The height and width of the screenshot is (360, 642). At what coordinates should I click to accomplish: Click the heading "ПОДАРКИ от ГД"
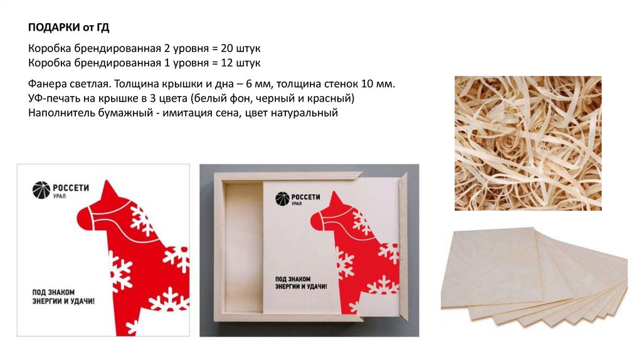[69, 28]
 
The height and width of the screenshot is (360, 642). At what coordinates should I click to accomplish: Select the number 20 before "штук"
[227, 48]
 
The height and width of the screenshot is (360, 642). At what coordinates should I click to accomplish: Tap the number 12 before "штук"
[227, 63]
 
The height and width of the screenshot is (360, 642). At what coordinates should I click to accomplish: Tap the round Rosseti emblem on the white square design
[41, 190]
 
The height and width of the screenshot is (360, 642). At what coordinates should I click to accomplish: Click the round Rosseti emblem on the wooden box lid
[282, 198]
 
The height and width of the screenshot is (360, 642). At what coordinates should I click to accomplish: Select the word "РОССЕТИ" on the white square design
[71, 188]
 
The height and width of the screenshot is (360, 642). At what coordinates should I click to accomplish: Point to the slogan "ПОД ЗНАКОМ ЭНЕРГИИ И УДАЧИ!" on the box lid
[301, 283]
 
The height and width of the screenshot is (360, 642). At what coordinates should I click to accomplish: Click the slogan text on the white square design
[63, 297]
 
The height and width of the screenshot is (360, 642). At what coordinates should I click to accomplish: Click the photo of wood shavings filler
[528, 144]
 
